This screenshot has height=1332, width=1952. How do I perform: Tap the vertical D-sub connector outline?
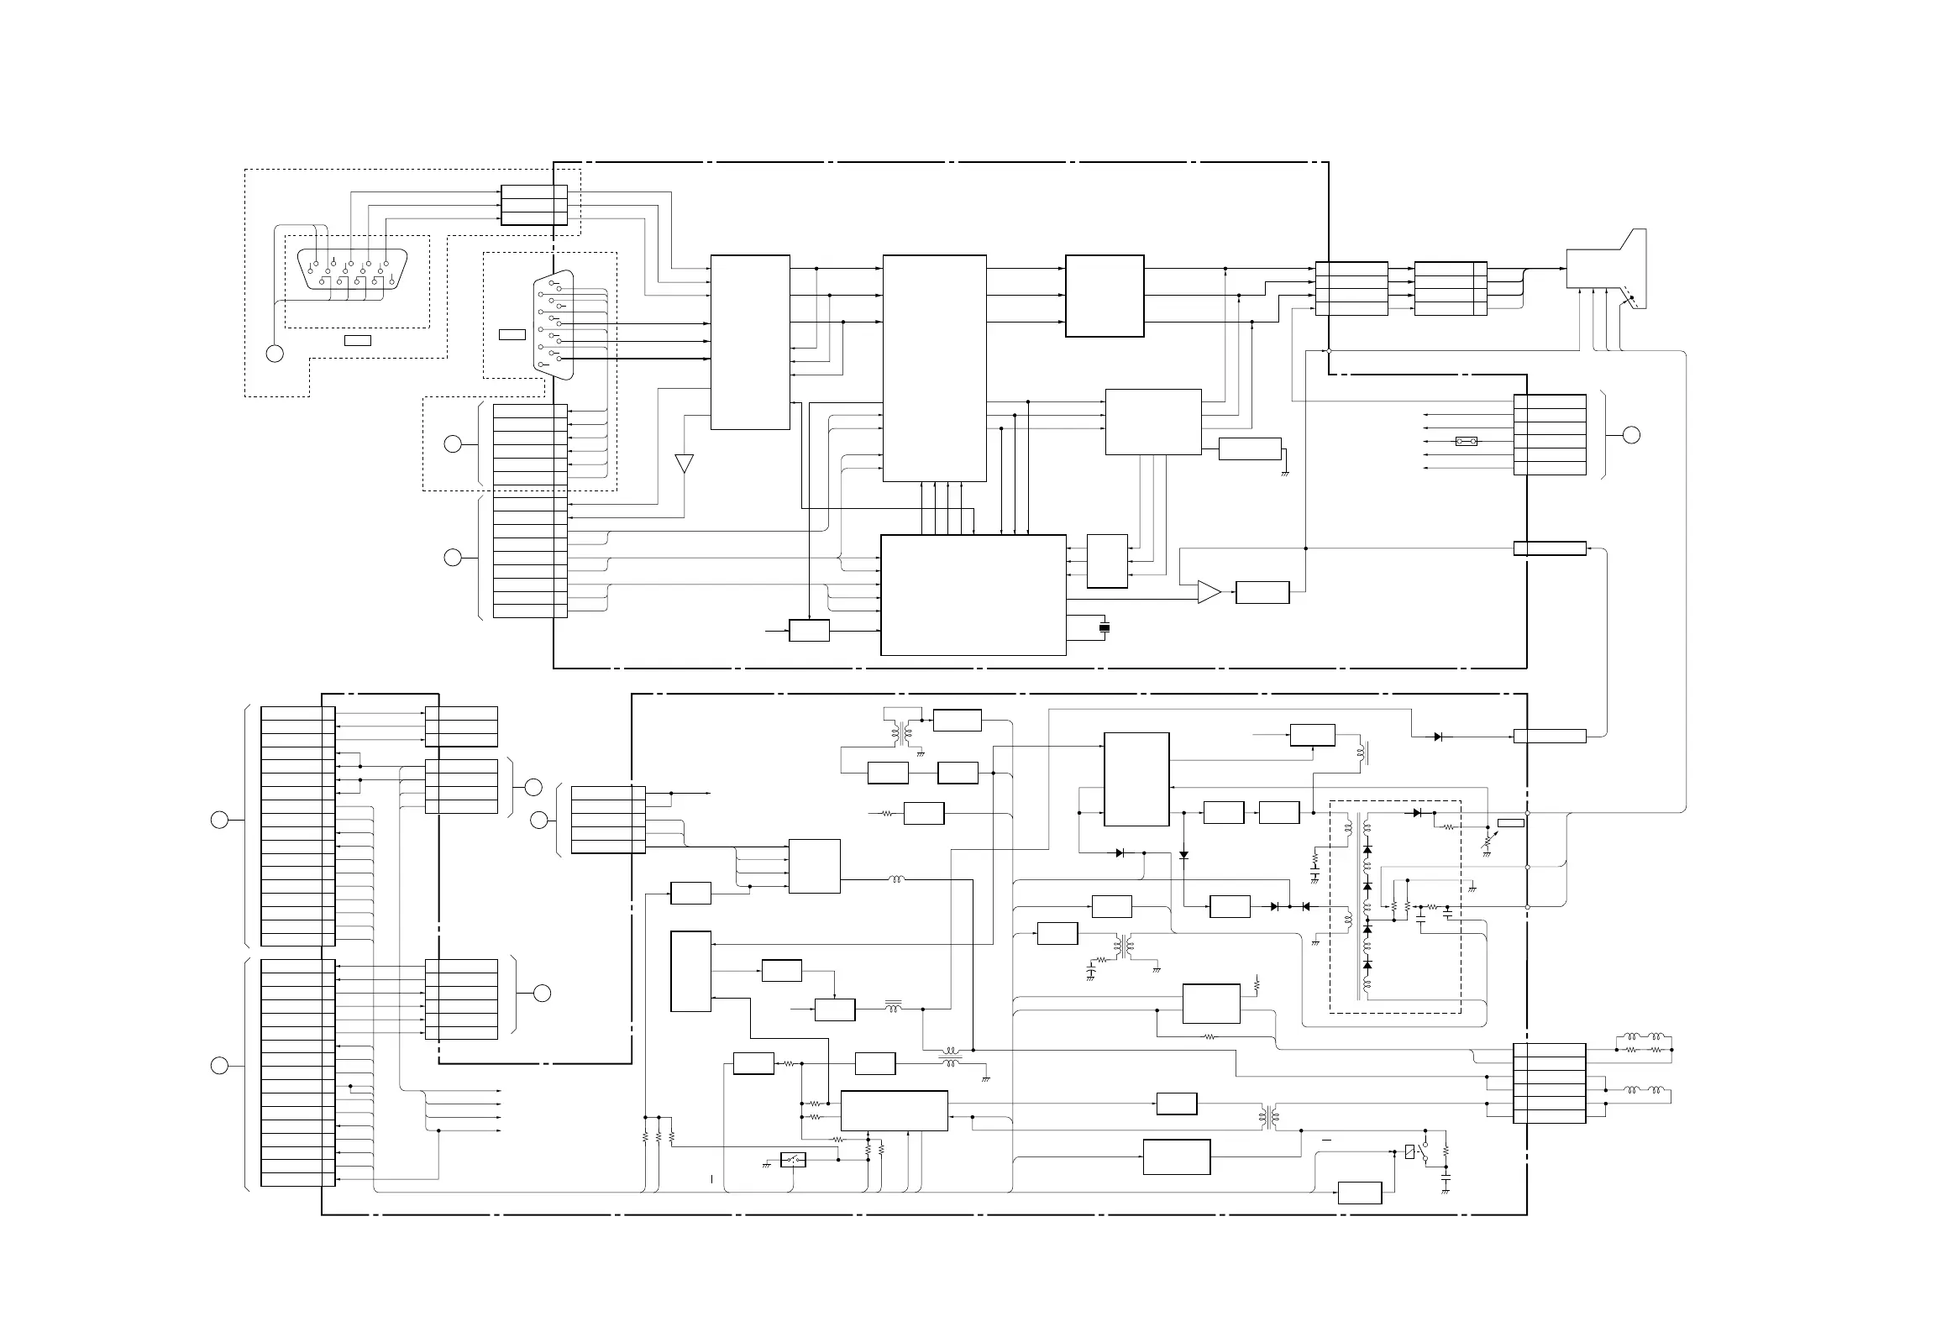pyautogui.click(x=554, y=324)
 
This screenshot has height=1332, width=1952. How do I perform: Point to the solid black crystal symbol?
pyautogui.click(x=1105, y=627)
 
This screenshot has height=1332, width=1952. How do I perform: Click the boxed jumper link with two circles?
pyautogui.click(x=1466, y=441)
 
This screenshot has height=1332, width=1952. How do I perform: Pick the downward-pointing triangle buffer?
pyautogui.click(x=685, y=463)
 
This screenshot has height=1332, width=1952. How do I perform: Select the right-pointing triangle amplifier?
pyautogui.click(x=1209, y=592)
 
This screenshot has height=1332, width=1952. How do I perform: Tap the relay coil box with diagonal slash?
pyautogui.click(x=1409, y=1152)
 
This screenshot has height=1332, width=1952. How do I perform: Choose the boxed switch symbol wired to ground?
pyautogui.click(x=794, y=1160)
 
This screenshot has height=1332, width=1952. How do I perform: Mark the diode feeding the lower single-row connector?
pyautogui.click(x=1439, y=737)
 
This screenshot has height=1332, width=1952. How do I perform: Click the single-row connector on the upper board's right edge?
pyautogui.click(x=1550, y=548)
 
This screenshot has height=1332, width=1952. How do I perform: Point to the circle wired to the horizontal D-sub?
pyautogui.click(x=275, y=354)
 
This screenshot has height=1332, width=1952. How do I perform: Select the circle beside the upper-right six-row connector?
pyautogui.click(x=1631, y=434)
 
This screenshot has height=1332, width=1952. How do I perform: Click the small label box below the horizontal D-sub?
pyautogui.click(x=358, y=340)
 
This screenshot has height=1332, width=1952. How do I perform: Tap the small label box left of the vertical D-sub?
pyautogui.click(x=512, y=335)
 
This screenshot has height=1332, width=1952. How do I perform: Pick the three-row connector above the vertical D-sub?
pyautogui.click(x=534, y=205)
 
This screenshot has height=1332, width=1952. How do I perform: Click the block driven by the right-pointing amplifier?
pyautogui.click(x=1262, y=592)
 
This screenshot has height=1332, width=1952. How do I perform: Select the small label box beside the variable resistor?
pyautogui.click(x=1511, y=822)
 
